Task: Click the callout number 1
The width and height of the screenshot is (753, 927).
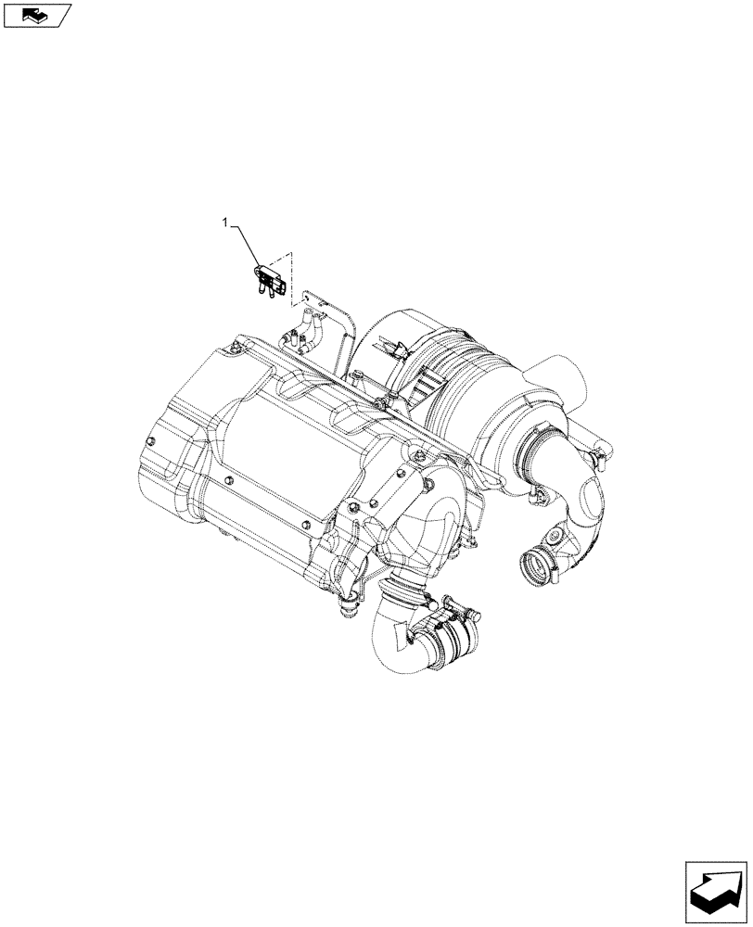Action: coord(223,222)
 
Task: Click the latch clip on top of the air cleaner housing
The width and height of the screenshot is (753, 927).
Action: coord(397,350)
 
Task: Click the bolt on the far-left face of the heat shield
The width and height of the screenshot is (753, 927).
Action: coord(151,435)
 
